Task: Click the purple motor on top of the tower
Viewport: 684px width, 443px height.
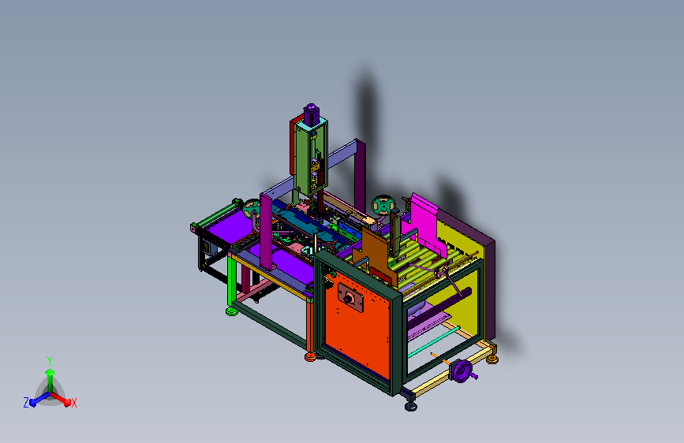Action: (x=311, y=114)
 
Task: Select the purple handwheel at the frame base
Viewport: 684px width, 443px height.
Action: (x=462, y=371)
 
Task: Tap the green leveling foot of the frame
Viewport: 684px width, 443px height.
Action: (x=232, y=311)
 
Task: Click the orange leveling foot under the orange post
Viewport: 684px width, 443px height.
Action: (x=311, y=357)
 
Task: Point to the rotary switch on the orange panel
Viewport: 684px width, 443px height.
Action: (x=349, y=298)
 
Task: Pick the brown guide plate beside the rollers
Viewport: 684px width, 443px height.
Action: (x=374, y=255)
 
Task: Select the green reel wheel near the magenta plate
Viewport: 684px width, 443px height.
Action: (x=383, y=206)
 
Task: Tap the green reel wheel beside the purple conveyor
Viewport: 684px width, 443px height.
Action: (x=252, y=209)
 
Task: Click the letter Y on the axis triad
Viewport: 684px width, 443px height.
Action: (x=50, y=361)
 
